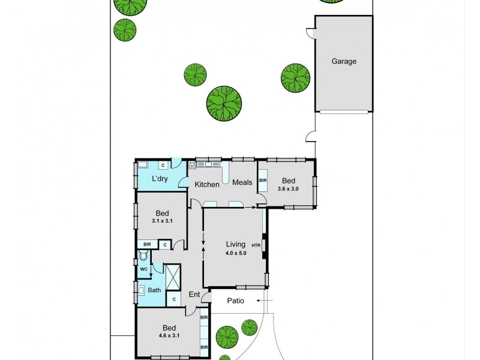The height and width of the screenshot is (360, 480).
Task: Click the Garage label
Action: tap(344, 61)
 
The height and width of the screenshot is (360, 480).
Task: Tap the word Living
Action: tap(235, 244)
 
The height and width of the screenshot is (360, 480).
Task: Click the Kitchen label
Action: tap(206, 185)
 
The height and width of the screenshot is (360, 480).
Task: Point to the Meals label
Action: tap(242, 182)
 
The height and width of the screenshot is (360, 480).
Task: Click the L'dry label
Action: tap(159, 179)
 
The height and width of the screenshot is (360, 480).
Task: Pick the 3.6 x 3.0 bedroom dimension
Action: tap(288, 189)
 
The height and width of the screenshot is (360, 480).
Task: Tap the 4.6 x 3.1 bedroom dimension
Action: tap(169, 336)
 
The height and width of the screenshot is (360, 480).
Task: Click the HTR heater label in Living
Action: tap(256, 245)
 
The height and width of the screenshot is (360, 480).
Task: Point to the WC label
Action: tap(143, 269)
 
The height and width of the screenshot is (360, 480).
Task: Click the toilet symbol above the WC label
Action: tap(143, 256)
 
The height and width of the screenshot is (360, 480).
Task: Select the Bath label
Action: tap(155, 290)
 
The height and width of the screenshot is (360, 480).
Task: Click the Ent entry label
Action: tap(194, 295)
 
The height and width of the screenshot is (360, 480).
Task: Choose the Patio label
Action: tap(236, 301)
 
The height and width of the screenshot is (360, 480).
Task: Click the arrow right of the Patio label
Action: tap(267, 301)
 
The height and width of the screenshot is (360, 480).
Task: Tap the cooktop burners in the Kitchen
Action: tap(192, 164)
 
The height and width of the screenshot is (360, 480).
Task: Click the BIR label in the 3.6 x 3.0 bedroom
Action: tap(262, 180)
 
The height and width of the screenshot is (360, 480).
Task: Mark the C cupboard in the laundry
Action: tap(162, 165)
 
